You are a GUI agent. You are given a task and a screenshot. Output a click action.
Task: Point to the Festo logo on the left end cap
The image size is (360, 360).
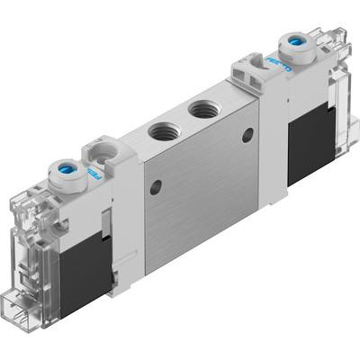click(x=92, y=170)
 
